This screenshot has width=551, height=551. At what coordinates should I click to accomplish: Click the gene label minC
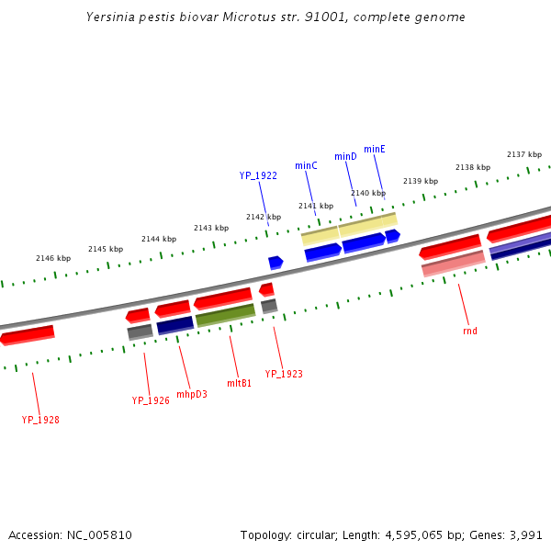[306, 165]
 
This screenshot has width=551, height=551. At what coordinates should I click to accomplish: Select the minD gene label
[345, 157]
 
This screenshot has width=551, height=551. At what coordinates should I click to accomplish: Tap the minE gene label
[375, 149]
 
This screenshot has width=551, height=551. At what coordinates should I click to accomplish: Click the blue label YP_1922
[258, 175]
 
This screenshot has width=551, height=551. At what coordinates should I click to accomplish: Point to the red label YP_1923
[284, 374]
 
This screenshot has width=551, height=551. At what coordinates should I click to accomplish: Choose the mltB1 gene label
[239, 383]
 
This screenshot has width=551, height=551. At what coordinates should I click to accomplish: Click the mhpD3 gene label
[192, 394]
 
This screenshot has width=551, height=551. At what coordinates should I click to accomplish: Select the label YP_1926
[151, 400]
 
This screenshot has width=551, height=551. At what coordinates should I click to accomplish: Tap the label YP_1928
[40, 420]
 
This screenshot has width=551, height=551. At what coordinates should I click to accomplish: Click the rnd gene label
[470, 331]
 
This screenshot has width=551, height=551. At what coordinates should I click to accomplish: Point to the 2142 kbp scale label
[264, 217]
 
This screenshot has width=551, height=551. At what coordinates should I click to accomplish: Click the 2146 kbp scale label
[53, 258]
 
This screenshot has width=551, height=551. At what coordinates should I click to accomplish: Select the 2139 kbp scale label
[421, 181]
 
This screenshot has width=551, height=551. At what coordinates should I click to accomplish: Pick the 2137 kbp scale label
[524, 154]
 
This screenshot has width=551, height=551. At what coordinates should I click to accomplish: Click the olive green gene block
[225, 315]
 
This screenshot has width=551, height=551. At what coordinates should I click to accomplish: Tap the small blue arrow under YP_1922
[275, 263]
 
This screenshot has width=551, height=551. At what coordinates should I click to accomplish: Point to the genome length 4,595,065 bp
[423, 534]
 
